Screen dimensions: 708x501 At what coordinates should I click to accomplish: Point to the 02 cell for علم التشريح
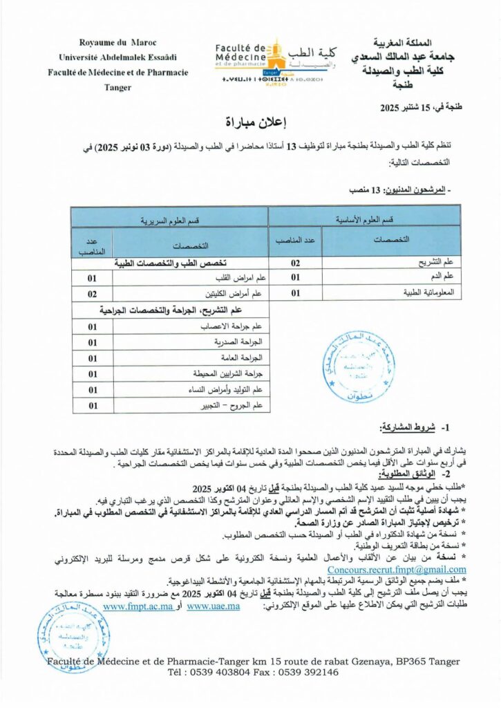pyautogui.click(x=296, y=263)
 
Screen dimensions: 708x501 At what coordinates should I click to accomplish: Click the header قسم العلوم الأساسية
pyautogui.click(x=364, y=218)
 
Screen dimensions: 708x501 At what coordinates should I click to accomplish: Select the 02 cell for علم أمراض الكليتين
pyautogui.click(x=92, y=294)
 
